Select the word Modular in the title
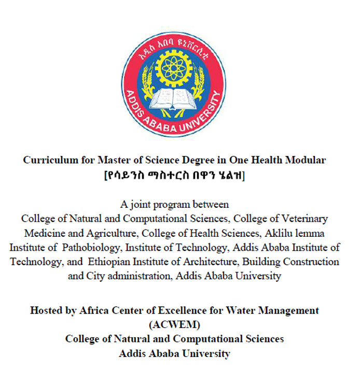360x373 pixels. point(307,160)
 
